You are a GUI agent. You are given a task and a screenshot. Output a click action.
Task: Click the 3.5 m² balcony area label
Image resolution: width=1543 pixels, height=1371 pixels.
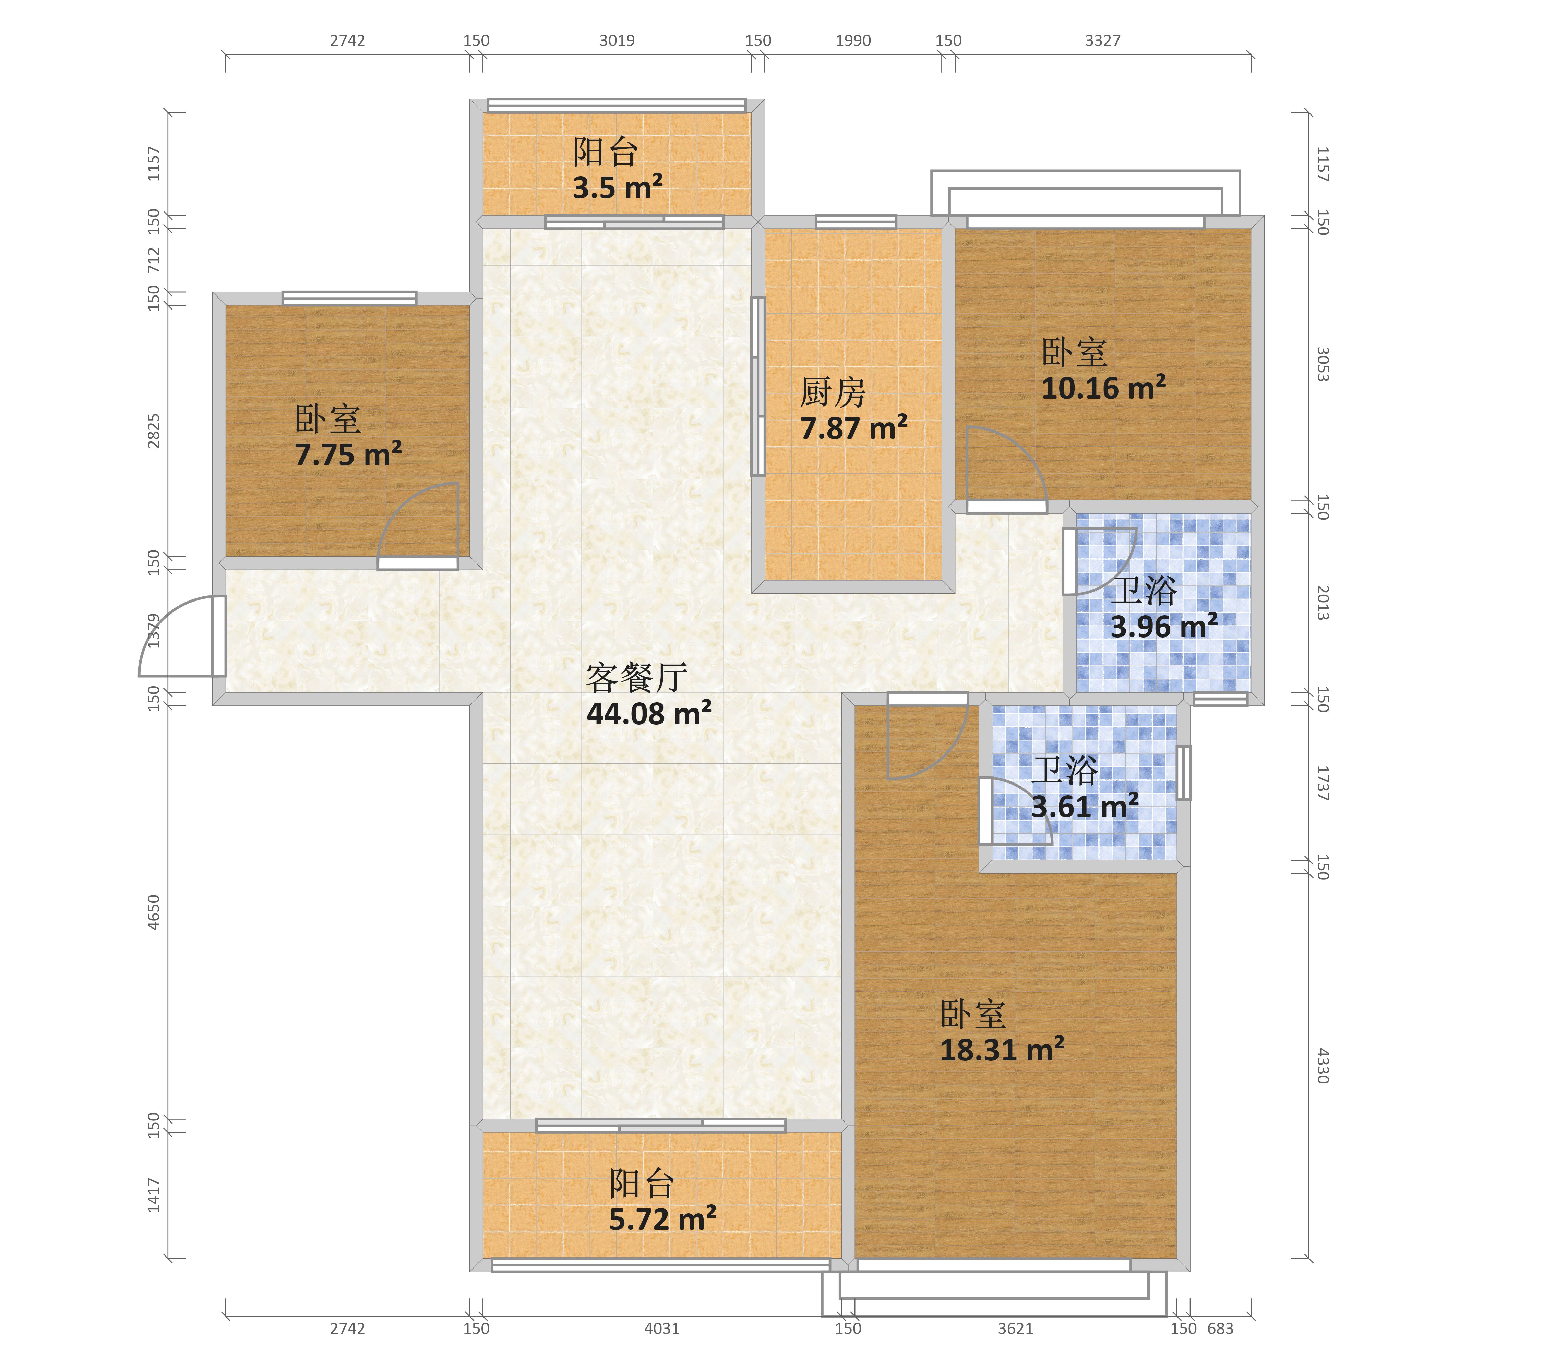pos(618,187)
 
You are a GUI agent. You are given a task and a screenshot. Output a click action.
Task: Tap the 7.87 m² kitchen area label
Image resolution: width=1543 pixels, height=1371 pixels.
pos(854,428)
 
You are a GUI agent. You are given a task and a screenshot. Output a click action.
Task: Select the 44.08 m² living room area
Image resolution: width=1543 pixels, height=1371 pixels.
pos(649,713)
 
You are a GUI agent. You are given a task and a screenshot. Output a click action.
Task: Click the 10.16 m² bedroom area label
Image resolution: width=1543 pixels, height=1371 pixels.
pos(1104,388)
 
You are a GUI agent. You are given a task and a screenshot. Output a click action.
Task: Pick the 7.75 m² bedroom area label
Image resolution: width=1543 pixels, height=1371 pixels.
pos(348,454)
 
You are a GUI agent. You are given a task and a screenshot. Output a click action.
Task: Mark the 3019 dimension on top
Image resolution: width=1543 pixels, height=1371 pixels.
pos(617,41)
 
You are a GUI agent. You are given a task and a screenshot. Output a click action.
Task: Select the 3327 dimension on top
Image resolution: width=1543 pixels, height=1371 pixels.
pos(1103,41)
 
